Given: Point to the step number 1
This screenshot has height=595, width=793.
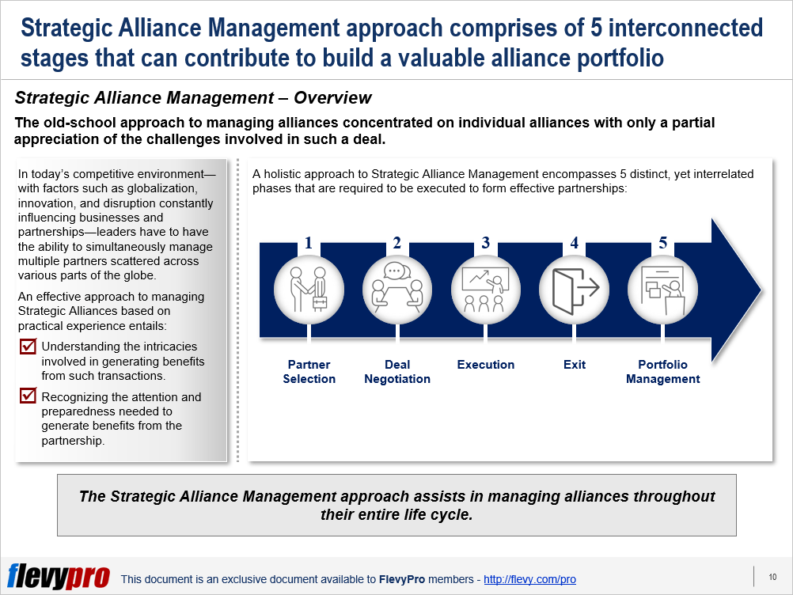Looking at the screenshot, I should pyautogui.click(x=309, y=244).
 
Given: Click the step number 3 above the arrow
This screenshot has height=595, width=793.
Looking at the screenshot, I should pyautogui.click(x=486, y=244).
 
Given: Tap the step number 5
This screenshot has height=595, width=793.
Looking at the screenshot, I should pyautogui.click(x=663, y=244).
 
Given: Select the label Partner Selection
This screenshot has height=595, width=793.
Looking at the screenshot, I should pyautogui.click(x=309, y=372).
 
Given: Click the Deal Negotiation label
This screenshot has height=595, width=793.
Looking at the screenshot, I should pyautogui.click(x=397, y=372).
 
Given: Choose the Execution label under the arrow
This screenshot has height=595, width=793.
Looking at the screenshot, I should pyautogui.click(x=486, y=365).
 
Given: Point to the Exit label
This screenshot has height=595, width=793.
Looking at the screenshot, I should pyautogui.click(x=575, y=365).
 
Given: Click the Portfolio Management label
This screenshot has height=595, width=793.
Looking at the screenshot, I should pyautogui.click(x=663, y=372).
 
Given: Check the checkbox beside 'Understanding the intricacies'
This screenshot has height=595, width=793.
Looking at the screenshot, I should pyautogui.click(x=28, y=347).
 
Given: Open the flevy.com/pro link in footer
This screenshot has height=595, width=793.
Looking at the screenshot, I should pyautogui.click(x=529, y=580).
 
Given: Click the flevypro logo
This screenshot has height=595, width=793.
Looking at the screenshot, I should pyautogui.click(x=59, y=577).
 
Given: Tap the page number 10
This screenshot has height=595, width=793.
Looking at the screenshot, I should pyautogui.click(x=772, y=578).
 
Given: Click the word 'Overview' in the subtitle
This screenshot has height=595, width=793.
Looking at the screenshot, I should pyautogui.click(x=332, y=98).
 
